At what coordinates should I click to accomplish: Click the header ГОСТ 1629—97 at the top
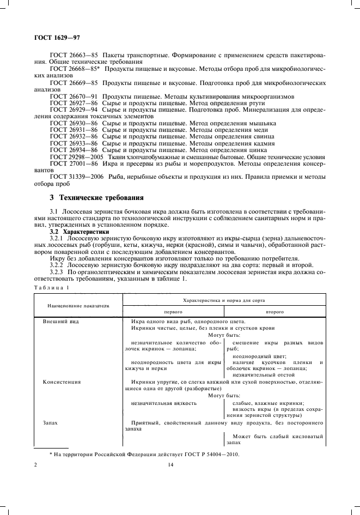click(x=53, y=38)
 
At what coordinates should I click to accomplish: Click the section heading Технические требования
click(x=100, y=197)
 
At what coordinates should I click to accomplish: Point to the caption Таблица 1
click(x=49, y=287)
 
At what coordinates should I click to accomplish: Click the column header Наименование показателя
click(x=77, y=307)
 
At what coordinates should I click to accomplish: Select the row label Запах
click(x=50, y=423)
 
